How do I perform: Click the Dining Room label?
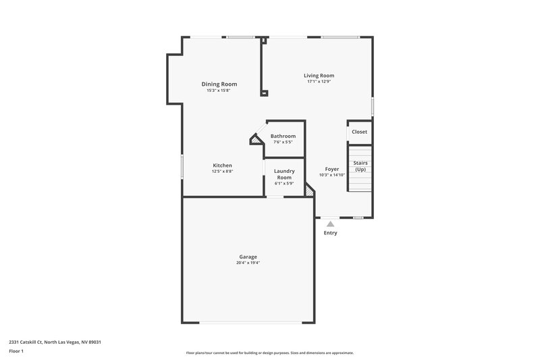(219, 84)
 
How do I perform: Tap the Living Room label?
(319, 76)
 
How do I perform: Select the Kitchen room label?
(223, 165)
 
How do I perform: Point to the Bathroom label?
(283, 136)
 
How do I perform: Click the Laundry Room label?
(284, 174)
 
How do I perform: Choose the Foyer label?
(332, 169)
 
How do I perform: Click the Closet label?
(360, 132)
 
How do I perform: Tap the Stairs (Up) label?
(360, 166)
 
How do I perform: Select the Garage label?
(248, 257)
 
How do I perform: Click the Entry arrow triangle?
(330, 224)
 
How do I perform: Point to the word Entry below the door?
(330, 233)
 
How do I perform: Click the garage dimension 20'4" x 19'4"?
(248, 263)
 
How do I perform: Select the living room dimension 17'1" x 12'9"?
(319, 82)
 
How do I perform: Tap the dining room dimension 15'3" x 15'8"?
(219, 91)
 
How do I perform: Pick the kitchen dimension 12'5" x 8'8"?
(223, 172)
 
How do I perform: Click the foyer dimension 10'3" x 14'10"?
(332, 175)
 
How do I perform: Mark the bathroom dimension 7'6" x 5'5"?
(283, 142)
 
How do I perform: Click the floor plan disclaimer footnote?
(269, 353)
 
